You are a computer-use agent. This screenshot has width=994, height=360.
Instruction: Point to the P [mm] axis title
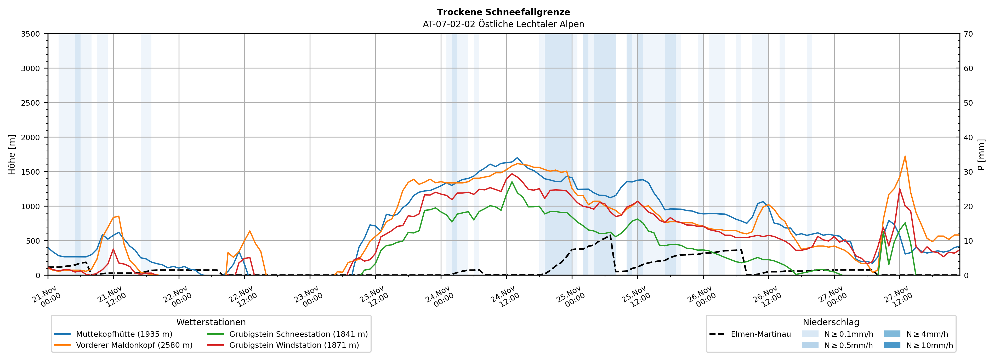coord(981,154)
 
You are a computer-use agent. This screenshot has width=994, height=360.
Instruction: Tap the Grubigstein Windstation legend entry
coord(294,345)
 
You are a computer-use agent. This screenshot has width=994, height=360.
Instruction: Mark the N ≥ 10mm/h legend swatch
coord(892,345)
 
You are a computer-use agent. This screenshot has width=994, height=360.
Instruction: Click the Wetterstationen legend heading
coord(211,322)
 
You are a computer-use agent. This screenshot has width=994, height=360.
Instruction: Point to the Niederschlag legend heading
coord(831,322)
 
